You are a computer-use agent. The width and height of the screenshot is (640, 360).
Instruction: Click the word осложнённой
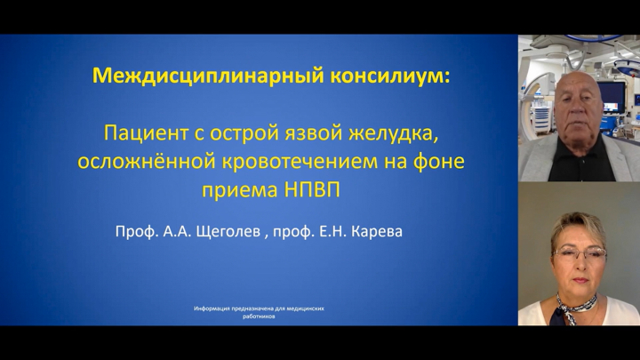coord(147,162)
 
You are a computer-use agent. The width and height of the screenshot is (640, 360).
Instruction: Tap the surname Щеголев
coord(228,231)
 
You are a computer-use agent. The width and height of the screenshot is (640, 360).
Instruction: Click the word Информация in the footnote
coord(212,308)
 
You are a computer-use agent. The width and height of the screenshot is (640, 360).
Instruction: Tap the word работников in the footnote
coord(259,316)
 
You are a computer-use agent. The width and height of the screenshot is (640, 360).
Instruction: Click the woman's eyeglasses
coord(579,254)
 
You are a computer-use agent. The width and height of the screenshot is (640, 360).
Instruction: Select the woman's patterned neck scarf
coord(575,308)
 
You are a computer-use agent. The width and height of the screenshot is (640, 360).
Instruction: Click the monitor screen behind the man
coord(611,97)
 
